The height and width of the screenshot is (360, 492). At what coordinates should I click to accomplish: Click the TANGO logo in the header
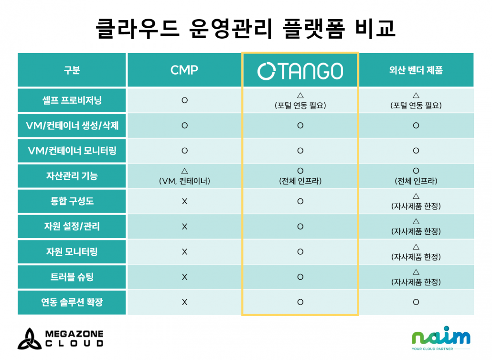coord(300,71)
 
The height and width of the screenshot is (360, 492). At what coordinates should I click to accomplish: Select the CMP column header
coord(184,70)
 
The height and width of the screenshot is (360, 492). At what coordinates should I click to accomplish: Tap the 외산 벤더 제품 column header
coord(416,70)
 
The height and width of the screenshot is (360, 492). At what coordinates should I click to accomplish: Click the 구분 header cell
coord(72,70)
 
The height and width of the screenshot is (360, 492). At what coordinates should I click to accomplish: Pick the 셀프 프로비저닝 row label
coord(72,100)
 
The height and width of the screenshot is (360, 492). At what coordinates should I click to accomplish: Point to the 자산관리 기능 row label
coord(72,176)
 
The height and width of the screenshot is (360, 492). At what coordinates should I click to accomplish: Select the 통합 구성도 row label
coord(72,201)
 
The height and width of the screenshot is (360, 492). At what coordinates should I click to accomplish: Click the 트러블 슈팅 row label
coord(72,277)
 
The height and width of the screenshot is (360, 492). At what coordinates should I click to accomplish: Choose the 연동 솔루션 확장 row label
coord(72,302)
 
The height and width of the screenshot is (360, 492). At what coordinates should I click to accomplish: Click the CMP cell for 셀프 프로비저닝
coord(184,100)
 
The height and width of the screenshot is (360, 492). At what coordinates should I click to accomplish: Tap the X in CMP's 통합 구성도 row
coord(184,201)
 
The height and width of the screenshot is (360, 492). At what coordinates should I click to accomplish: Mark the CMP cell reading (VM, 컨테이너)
coord(184,181)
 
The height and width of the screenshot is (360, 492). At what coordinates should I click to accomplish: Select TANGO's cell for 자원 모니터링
coord(300,251)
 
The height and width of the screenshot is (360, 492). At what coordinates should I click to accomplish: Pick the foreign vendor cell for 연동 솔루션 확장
coord(416,302)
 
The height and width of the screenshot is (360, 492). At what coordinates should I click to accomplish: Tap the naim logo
coord(441,338)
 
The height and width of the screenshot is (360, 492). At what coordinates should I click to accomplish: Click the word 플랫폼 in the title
coord(313,29)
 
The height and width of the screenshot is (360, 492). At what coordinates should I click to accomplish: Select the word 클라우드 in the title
coord(138,29)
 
